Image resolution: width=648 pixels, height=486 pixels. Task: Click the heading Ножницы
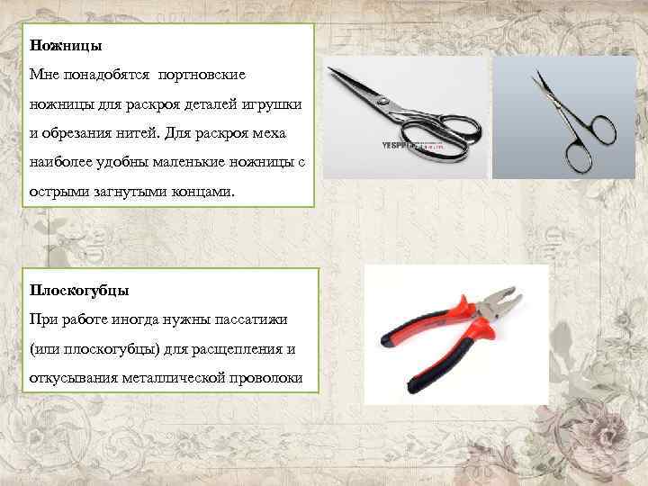[x=66, y=44]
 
